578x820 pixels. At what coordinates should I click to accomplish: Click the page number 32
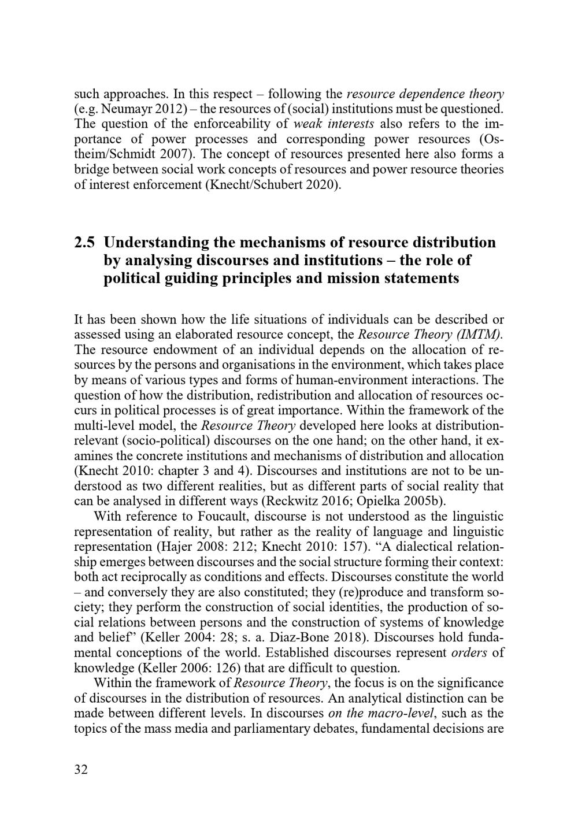(81, 769)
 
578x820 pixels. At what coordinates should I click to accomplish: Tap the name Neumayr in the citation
(121, 109)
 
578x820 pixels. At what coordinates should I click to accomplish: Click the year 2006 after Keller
(194, 667)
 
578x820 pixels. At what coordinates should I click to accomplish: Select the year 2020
(320, 185)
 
